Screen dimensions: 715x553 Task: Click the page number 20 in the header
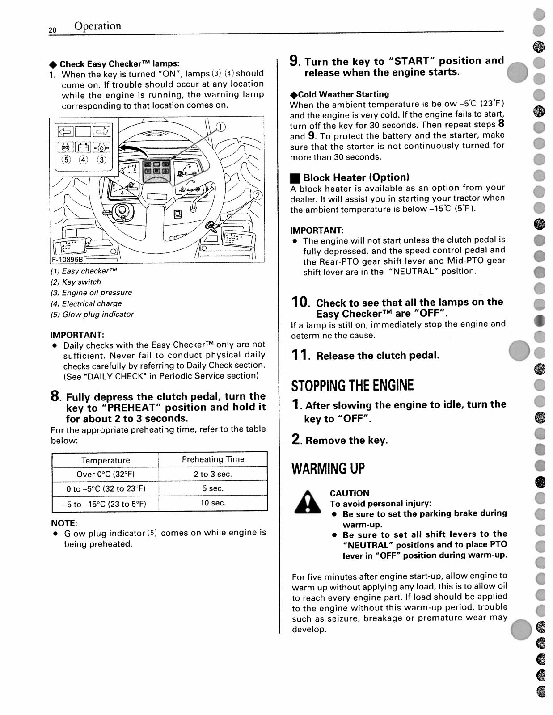(x=53, y=30)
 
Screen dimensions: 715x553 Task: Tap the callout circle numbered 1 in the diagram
(x=220, y=127)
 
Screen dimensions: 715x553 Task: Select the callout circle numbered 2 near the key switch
(x=258, y=195)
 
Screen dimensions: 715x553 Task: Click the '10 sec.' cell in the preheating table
(x=213, y=503)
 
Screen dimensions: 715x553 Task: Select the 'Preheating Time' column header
(x=213, y=459)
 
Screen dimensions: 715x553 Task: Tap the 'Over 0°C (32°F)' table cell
(x=106, y=474)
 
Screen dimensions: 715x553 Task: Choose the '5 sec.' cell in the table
(x=213, y=488)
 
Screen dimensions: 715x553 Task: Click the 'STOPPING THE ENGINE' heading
(x=352, y=385)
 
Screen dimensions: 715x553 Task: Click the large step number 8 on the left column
(x=55, y=396)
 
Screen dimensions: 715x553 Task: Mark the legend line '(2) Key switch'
(x=76, y=282)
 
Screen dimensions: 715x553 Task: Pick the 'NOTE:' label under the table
(x=64, y=523)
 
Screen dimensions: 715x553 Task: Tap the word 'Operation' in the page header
(x=97, y=26)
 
